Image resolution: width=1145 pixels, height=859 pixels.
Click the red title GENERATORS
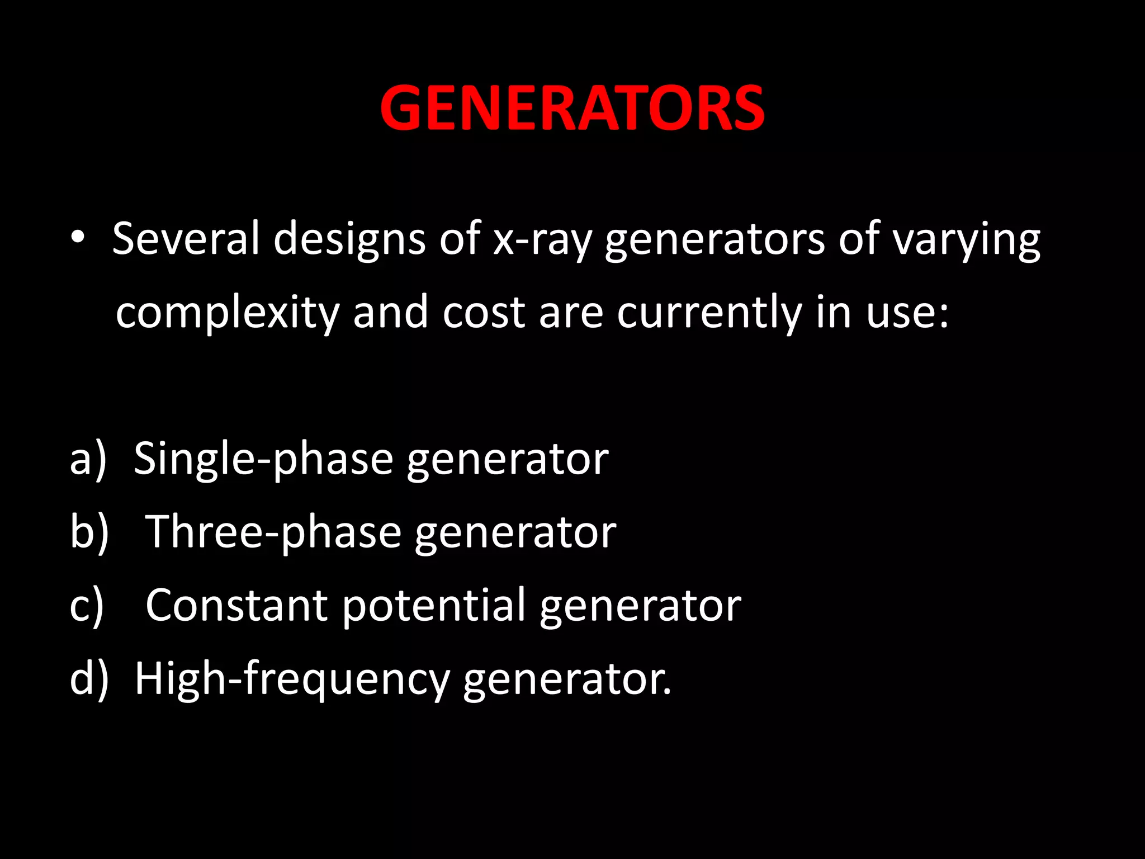pyautogui.click(x=572, y=108)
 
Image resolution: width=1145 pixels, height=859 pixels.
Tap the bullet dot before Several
pyautogui.click(x=78, y=238)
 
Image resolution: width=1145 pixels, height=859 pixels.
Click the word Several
pyautogui.click(x=186, y=238)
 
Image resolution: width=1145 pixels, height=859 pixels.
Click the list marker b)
pyautogui.click(x=89, y=532)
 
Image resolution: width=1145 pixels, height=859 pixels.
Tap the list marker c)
pyautogui.click(x=87, y=606)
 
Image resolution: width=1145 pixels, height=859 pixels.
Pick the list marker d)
pyautogui.click(x=89, y=679)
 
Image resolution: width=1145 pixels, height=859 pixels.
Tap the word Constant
pyautogui.click(x=236, y=605)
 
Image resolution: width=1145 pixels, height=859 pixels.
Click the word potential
pyautogui.click(x=434, y=606)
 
